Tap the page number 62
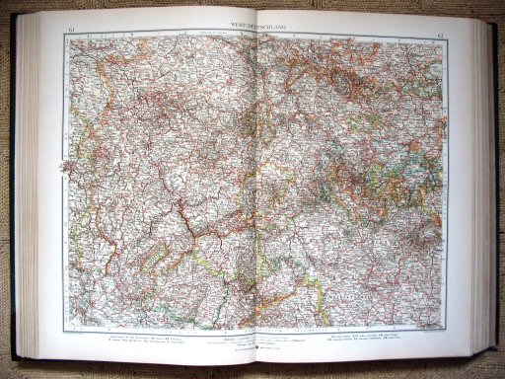click(439, 37)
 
